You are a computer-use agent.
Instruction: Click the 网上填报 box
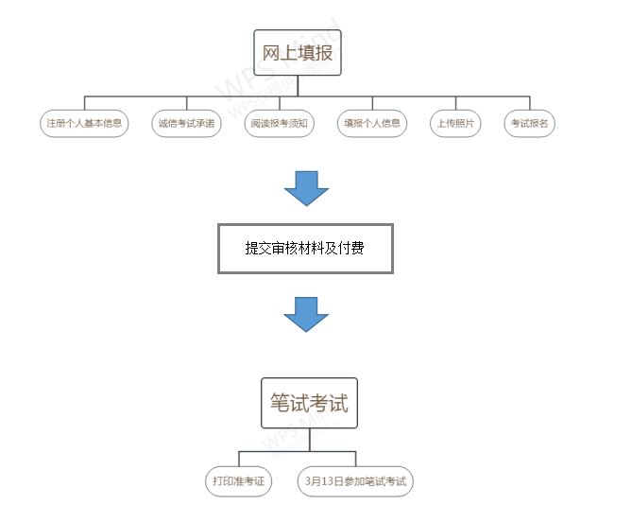(297, 53)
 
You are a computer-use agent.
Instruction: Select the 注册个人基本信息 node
(85, 124)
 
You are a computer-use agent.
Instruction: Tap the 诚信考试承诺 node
(186, 124)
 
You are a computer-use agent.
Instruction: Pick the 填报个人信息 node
(372, 124)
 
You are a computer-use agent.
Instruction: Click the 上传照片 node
(455, 124)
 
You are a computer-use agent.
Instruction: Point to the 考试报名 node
(529, 124)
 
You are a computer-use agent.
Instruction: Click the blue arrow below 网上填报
(306, 187)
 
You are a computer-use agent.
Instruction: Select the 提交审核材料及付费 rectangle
(305, 249)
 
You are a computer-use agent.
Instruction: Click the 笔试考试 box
(309, 404)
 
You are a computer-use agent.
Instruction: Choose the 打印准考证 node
(238, 481)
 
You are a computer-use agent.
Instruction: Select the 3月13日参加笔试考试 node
(355, 481)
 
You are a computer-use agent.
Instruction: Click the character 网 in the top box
(271, 53)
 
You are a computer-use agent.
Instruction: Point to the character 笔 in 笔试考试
(281, 404)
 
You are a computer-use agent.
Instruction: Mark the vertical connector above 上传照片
(455, 103)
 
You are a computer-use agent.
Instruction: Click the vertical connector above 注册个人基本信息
(85, 103)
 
